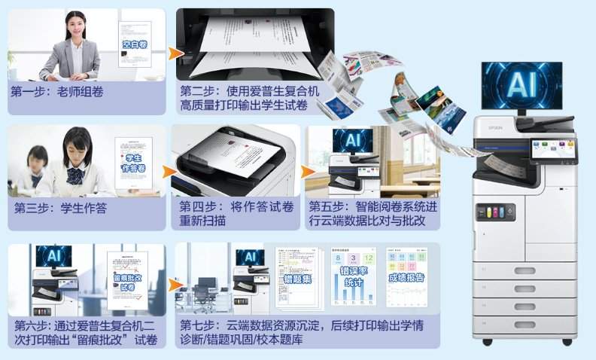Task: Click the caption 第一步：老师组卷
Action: (x=57, y=91)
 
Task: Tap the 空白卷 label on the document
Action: (x=135, y=44)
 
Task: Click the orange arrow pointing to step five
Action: (x=308, y=172)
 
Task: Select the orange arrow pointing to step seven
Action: (x=175, y=285)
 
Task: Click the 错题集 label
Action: (x=297, y=279)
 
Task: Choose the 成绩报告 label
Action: (x=406, y=277)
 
